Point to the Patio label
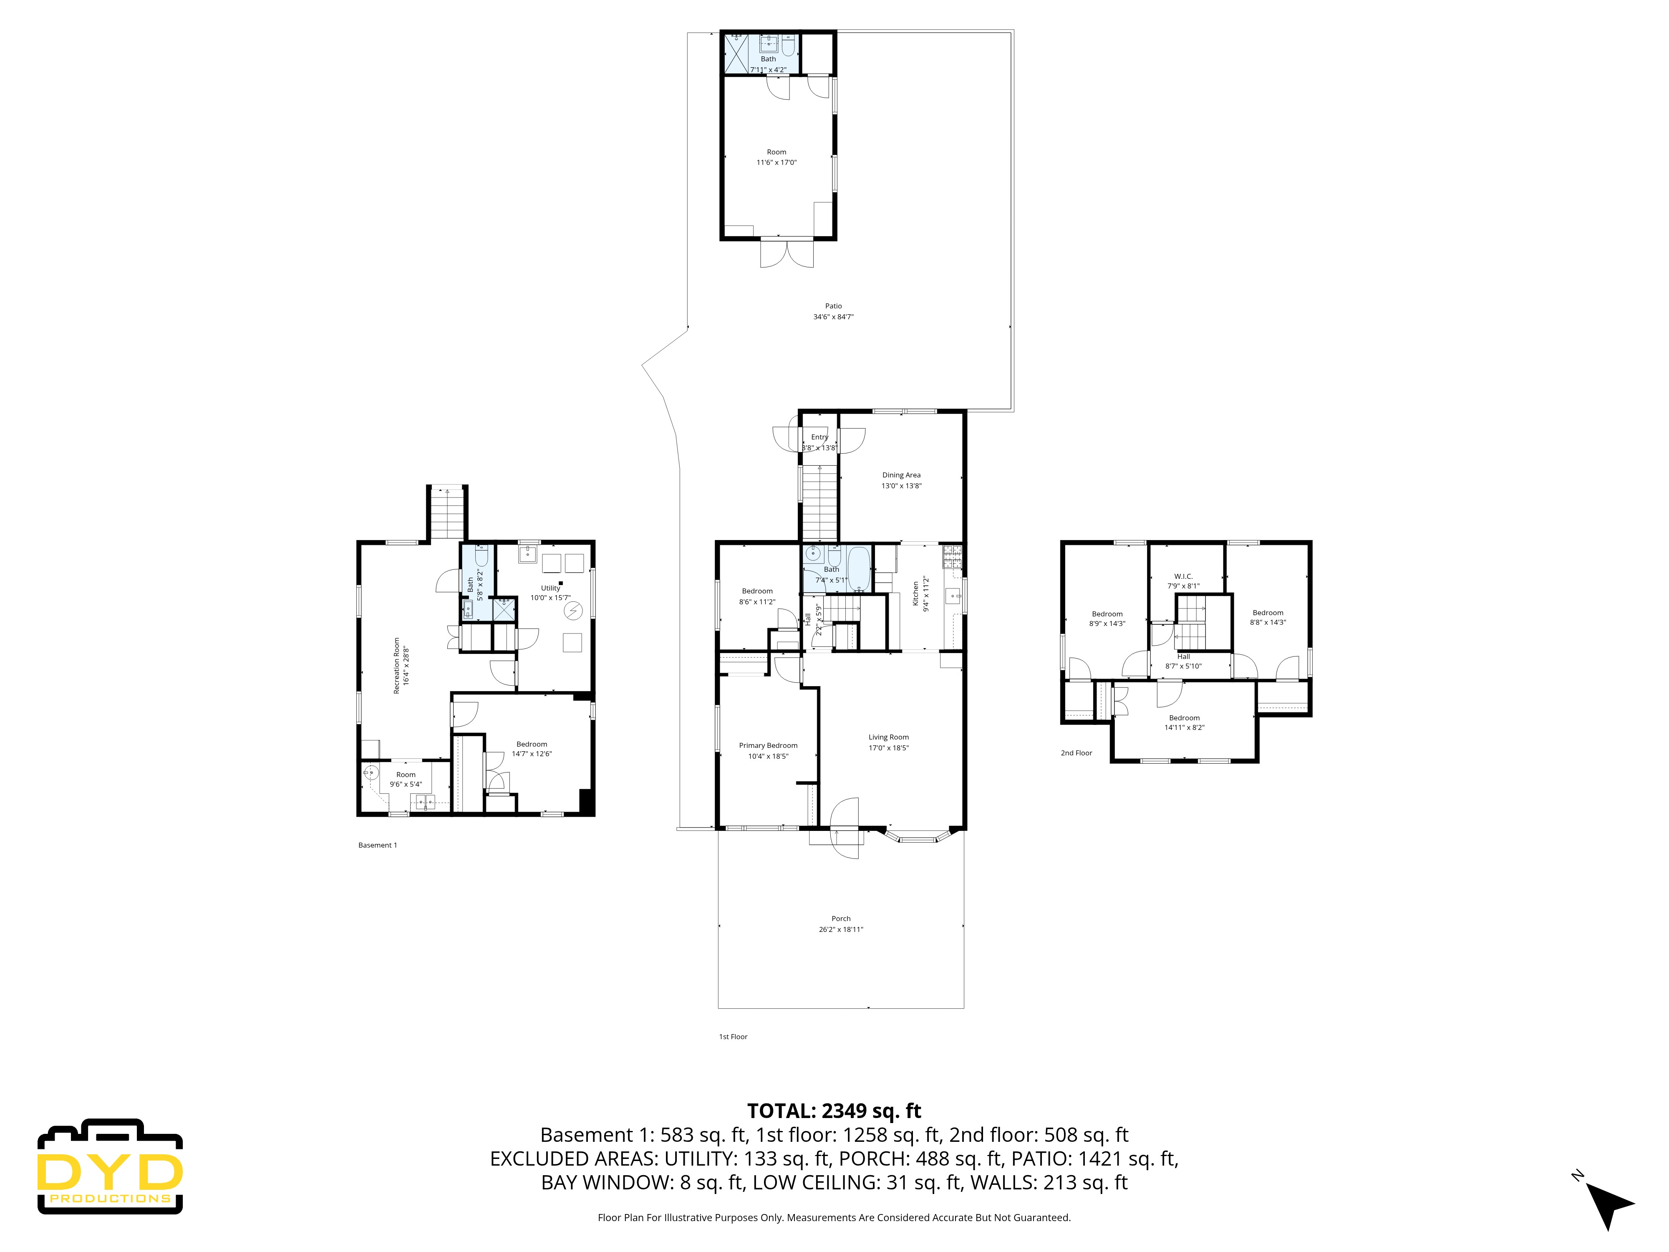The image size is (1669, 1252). (833, 305)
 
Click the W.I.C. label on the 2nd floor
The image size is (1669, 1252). (1182, 576)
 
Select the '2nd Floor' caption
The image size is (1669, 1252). (1076, 752)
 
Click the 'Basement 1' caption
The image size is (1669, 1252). (377, 845)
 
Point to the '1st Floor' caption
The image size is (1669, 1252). (733, 1036)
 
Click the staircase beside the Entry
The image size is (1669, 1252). (819, 502)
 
